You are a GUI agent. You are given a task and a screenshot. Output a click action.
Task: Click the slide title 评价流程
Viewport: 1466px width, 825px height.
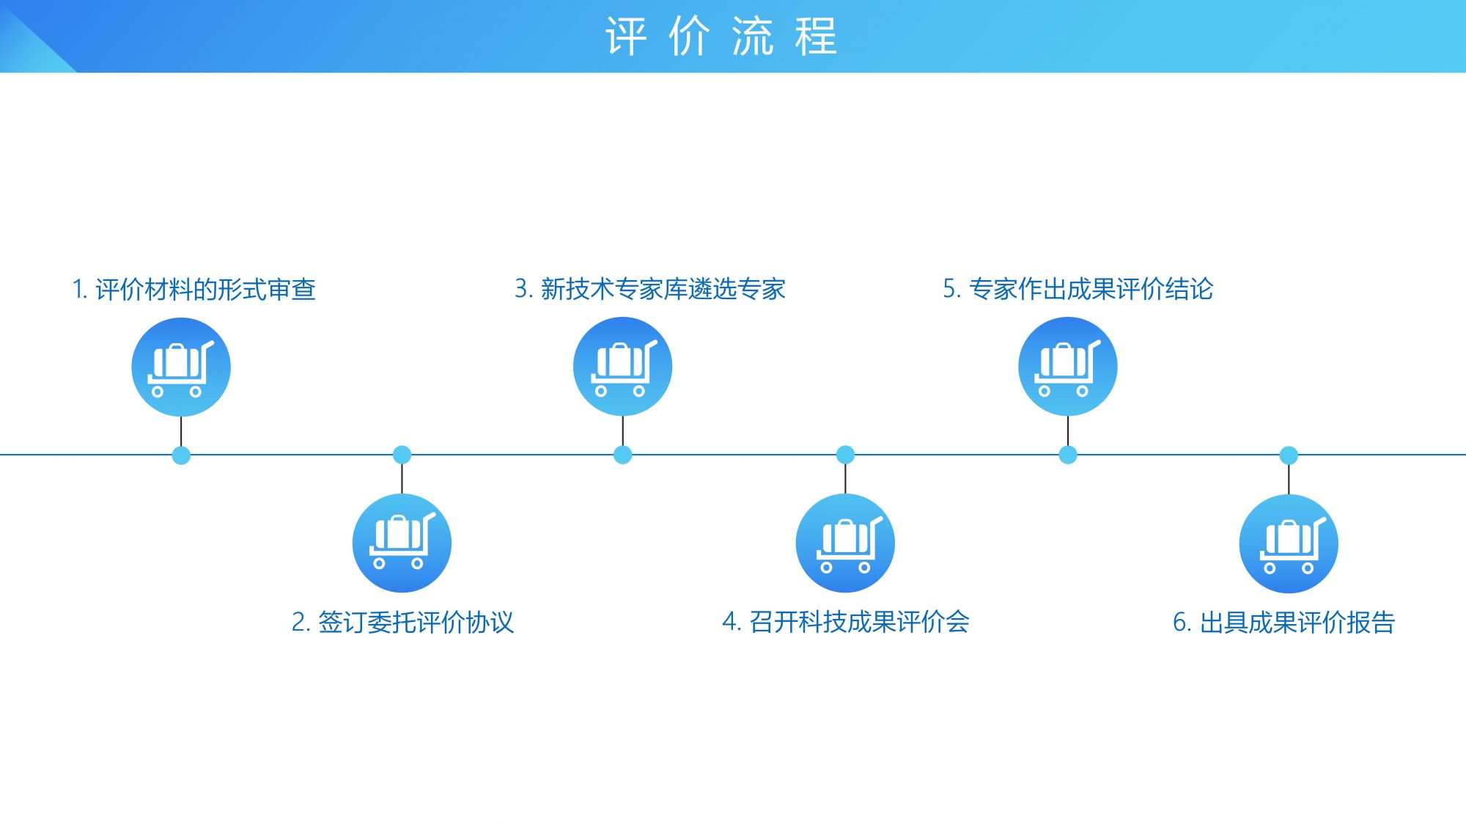(x=721, y=37)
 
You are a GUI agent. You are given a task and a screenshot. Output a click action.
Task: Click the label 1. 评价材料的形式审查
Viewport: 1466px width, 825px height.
(x=194, y=290)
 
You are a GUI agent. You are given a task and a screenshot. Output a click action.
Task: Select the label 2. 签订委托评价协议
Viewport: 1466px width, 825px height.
(x=402, y=623)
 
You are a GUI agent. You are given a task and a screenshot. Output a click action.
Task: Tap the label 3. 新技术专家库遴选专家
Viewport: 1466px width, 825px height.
(x=650, y=289)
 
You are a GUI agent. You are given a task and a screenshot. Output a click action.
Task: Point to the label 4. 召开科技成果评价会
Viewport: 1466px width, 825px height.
(x=846, y=622)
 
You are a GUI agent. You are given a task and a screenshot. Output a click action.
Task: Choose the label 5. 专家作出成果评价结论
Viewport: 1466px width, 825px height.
(x=1078, y=289)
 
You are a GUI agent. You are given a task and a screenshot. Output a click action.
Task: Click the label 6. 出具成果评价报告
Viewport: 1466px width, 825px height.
(x=1283, y=623)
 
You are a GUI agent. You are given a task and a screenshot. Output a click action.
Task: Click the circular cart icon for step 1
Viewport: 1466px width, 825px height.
(x=181, y=367)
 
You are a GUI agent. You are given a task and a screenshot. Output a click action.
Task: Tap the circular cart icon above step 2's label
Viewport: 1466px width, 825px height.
(x=402, y=543)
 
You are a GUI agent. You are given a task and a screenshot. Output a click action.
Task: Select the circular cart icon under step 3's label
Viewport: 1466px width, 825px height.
(x=622, y=366)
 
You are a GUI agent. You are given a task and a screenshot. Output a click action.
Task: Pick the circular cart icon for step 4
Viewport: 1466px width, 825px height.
(x=845, y=543)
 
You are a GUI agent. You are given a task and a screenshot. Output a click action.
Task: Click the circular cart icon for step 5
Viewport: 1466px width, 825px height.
(x=1068, y=366)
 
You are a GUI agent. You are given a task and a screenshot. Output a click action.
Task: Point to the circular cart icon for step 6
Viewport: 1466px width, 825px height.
(x=1289, y=543)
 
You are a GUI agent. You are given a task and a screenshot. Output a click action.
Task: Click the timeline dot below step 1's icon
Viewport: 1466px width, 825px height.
(x=181, y=455)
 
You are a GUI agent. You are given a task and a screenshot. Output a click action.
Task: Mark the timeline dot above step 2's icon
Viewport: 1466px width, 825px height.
(x=402, y=455)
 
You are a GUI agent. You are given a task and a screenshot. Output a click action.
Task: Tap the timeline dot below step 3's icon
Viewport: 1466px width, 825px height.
(x=622, y=455)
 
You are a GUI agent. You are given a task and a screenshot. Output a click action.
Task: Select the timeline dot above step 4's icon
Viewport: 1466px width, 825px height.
(x=845, y=455)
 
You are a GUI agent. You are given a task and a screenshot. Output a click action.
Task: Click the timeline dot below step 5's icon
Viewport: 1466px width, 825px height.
(x=1068, y=455)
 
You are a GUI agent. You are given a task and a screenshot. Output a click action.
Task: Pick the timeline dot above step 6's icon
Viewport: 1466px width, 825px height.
(x=1289, y=455)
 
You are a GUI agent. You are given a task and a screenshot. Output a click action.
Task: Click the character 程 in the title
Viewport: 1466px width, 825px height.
(x=816, y=37)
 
